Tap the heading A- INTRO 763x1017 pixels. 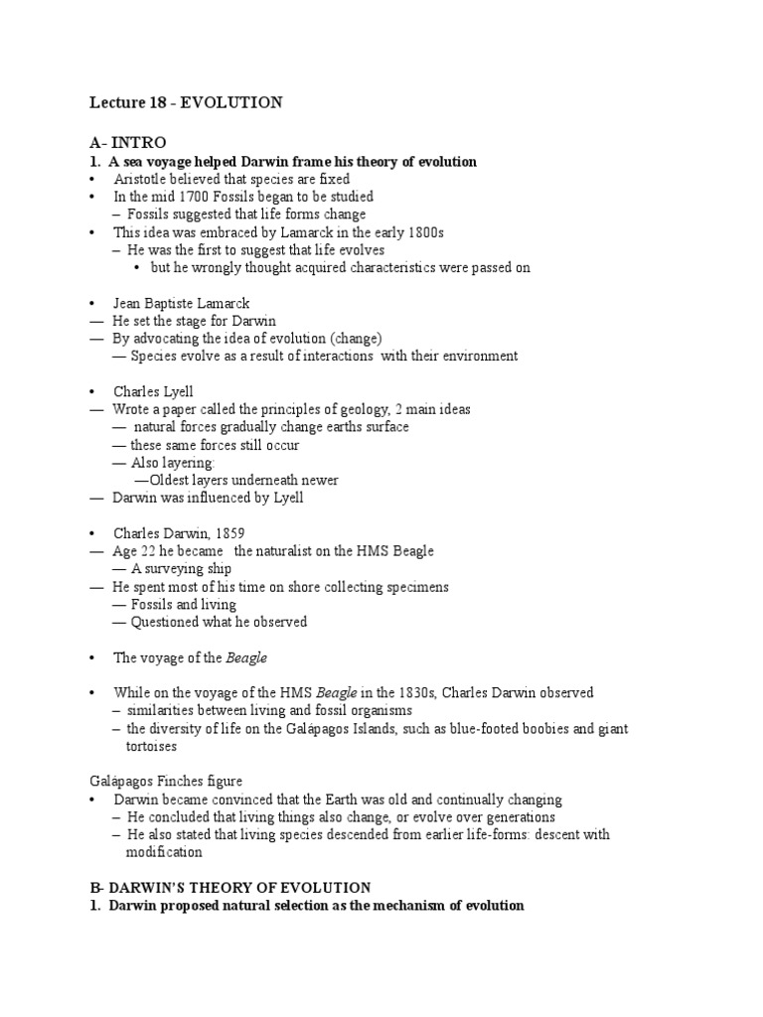[127, 143]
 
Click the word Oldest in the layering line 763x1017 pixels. [170, 481]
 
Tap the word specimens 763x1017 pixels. [416, 587]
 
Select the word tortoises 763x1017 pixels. [151, 746]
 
